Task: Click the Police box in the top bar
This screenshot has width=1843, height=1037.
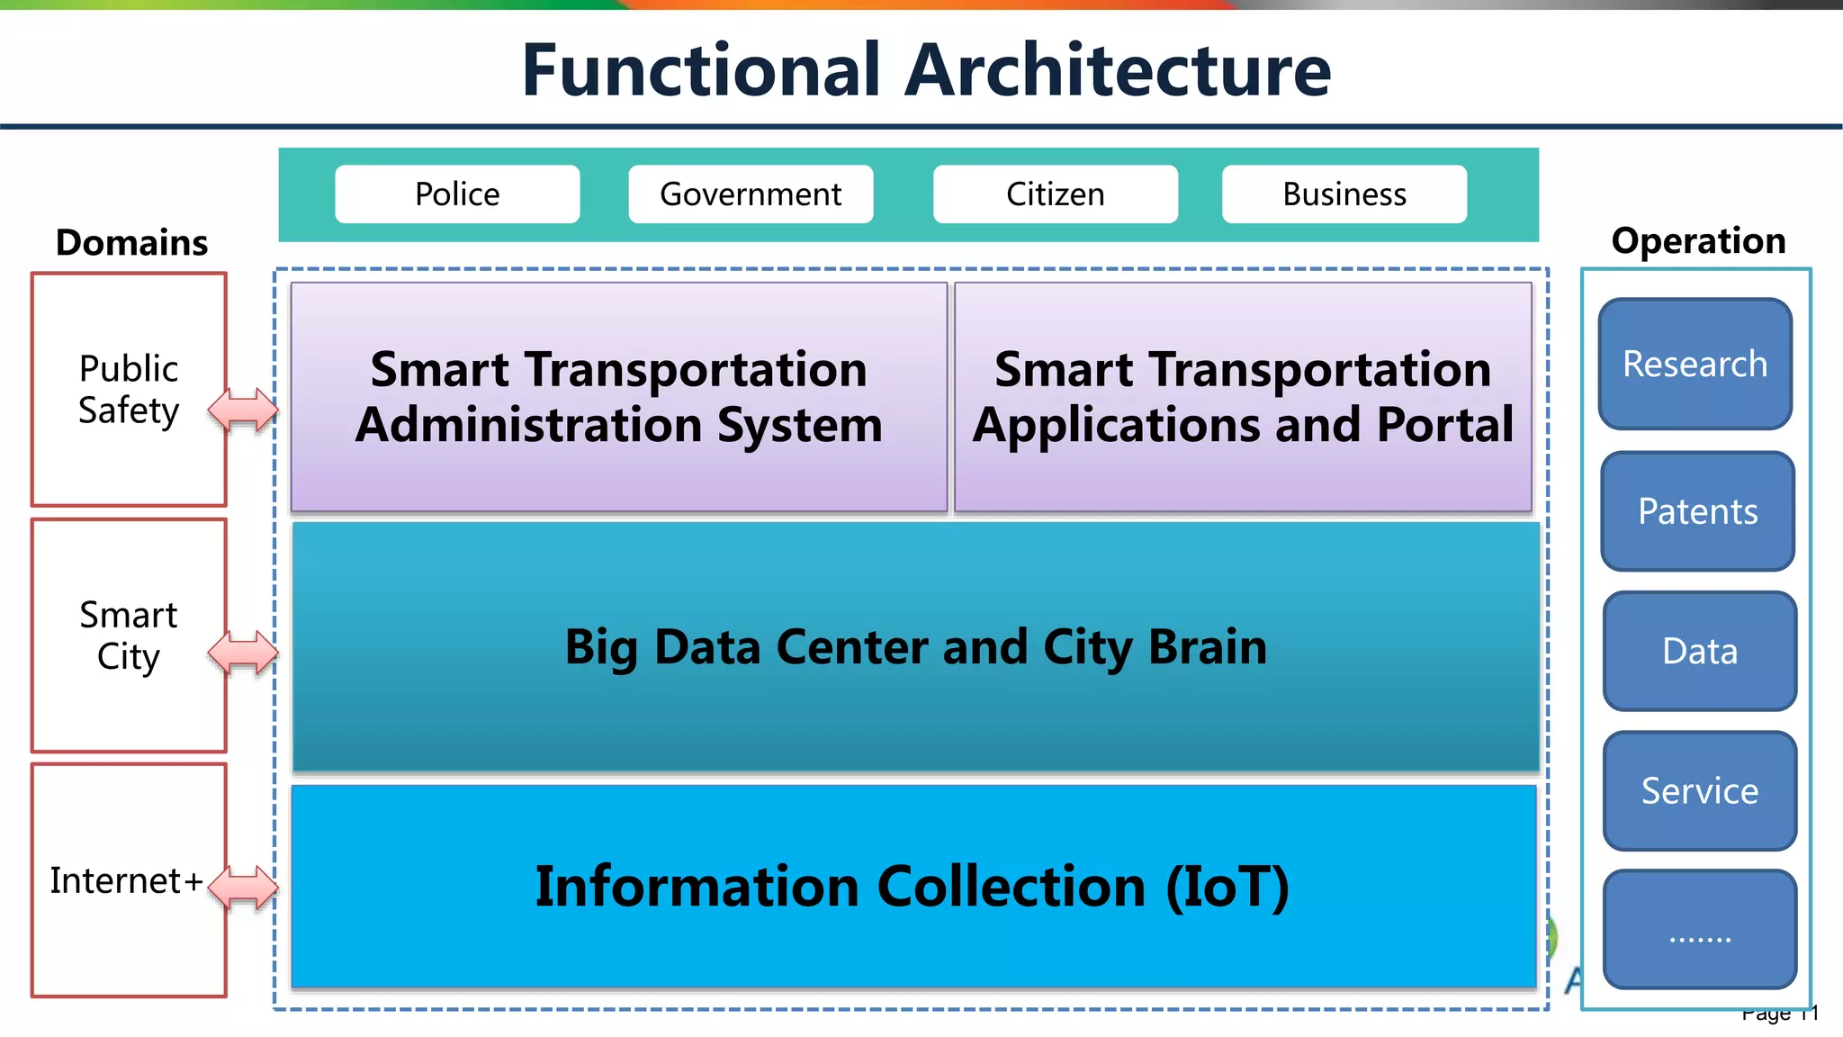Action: click(x=457, y=194)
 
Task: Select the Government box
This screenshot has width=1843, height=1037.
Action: click(x=751, y=194)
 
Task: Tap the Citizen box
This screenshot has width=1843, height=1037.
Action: click(x=1055, y=194)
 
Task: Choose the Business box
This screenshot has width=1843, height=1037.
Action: click(x=1344, y=194)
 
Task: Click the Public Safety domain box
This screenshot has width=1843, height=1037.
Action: click(x=129, y=390)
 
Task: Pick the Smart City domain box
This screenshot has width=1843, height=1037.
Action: click(x=129, y=636)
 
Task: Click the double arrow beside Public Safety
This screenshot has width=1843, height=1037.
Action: click(x=243, y=410)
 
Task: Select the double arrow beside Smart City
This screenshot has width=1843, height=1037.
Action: click(x=243, y=653)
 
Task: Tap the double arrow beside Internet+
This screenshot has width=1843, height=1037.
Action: click(x=243, y=888)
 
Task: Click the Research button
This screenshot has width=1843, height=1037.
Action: click(x=1695, y=364)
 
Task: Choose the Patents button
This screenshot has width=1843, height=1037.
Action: click(x=1698, y=511)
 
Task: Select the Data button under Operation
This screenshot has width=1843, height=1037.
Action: click(x=1700, y=651)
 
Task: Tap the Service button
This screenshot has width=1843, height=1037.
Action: click(x=1700, y=790)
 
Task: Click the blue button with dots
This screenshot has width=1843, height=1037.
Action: click(x=1700, y=929)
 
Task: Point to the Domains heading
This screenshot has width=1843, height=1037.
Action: click(x=131, y=243)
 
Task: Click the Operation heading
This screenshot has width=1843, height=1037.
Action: click(x=1698, y=241)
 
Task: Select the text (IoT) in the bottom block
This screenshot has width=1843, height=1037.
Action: click(x=1227, y=887)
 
